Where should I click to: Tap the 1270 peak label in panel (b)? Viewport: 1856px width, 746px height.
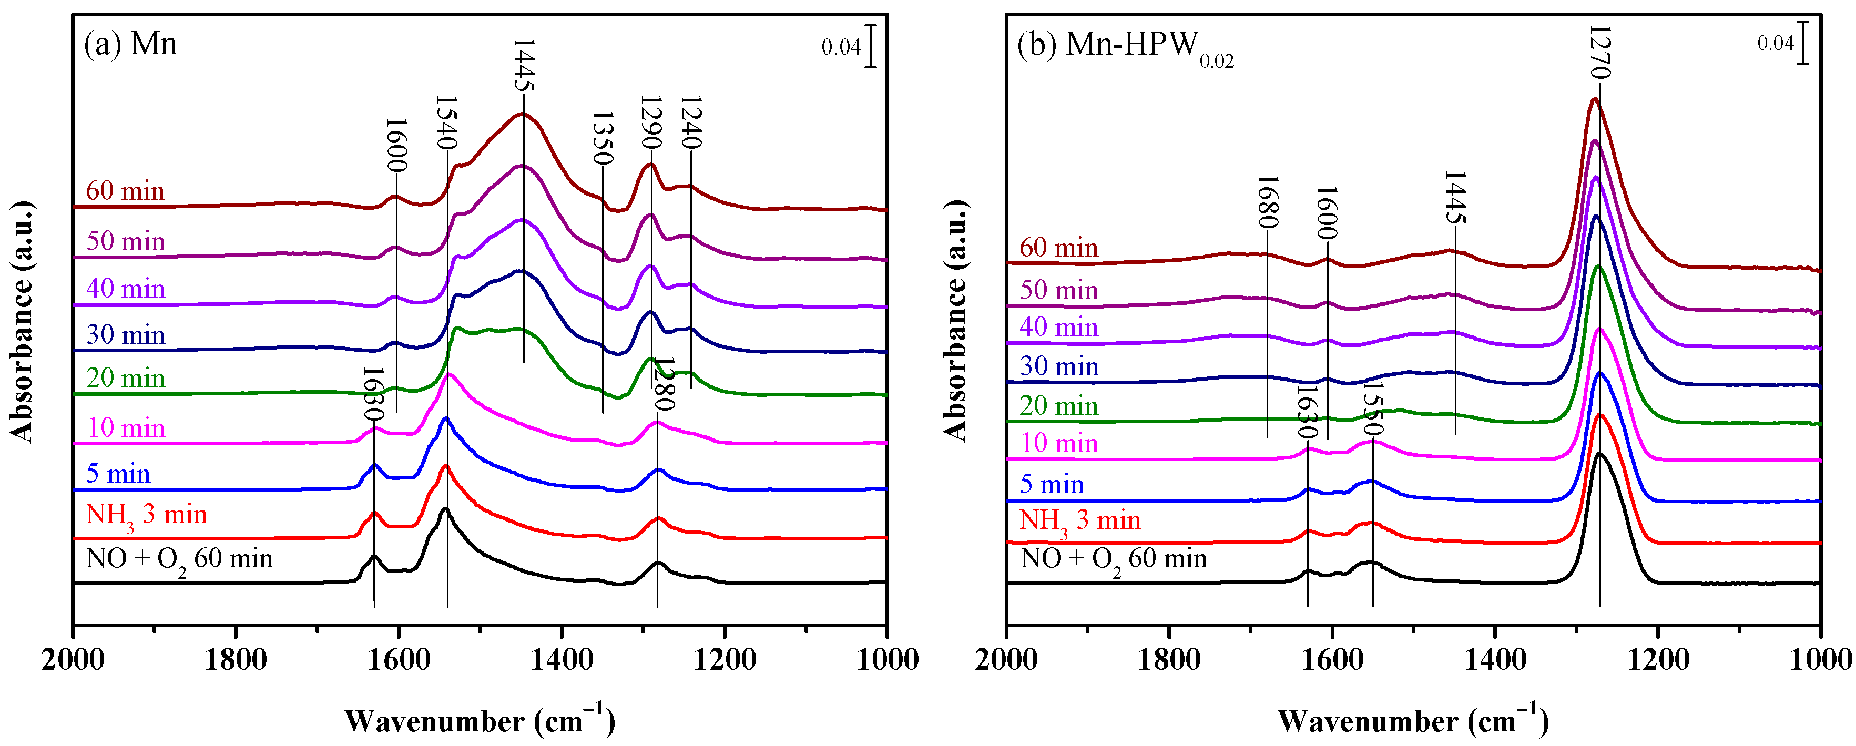tap(1599, 52)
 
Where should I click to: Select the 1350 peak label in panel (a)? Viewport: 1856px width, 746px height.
tap(603, 138)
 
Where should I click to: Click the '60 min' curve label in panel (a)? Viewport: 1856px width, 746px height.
tap(125, 191)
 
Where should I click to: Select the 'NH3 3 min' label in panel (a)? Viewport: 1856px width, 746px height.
tap(146, 516)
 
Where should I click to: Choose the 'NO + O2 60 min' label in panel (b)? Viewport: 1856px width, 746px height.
tap(1113, 559)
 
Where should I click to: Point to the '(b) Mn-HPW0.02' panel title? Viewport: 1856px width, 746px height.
tap(1125, 47)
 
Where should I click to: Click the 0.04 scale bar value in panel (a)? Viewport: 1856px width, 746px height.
tap(841, 47)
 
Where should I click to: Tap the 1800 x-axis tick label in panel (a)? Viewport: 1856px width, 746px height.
tap(236, 659)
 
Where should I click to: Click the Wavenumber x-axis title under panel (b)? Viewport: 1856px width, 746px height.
tap(1413, 720)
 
